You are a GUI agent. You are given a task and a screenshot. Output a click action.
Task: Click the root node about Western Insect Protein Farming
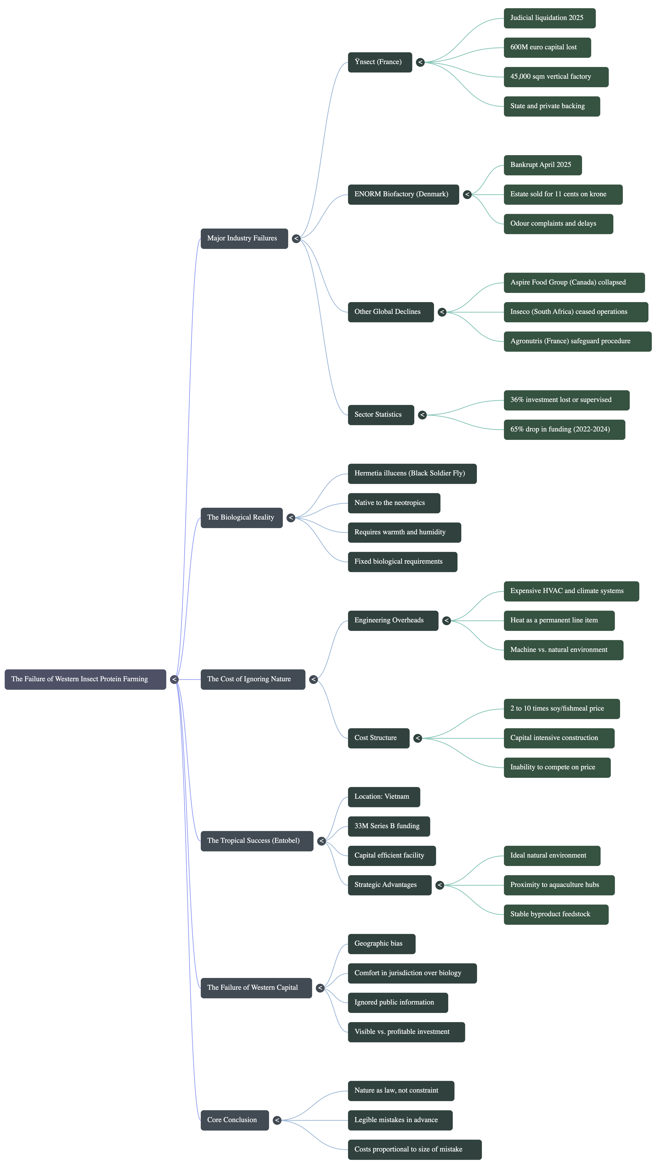click(x=85, y=679)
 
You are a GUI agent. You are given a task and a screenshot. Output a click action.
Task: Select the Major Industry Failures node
click(x=244, y=239)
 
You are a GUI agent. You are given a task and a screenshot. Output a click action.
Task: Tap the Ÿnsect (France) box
click(x=380, y=62)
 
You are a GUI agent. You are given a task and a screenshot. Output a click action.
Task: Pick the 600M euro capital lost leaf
click(x=547, y=47)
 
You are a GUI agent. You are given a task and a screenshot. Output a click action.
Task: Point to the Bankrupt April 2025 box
click(x=543, y=165)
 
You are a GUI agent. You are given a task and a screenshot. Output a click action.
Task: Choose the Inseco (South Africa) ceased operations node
click(x=576, y=312)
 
